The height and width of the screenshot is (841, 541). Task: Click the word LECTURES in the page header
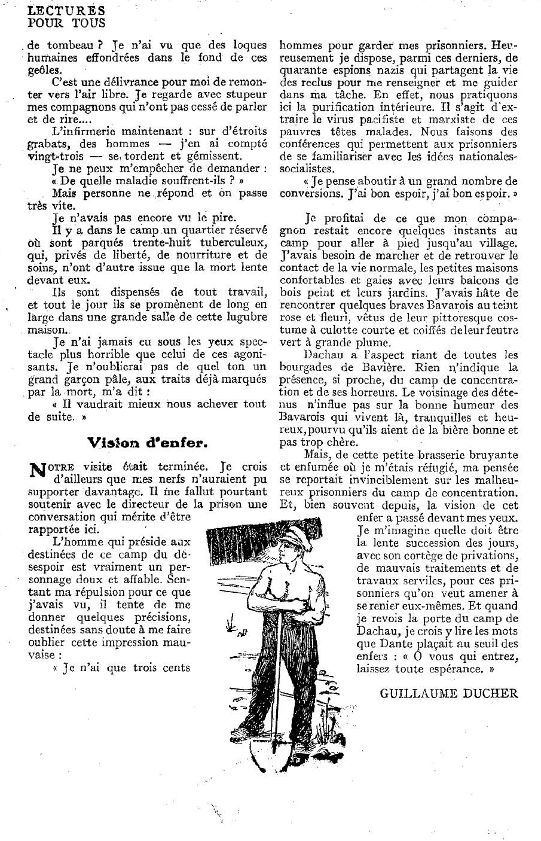[67, 11]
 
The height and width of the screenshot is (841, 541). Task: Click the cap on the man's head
[292, 532]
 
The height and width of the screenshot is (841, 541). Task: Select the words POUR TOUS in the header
[67, 23]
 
